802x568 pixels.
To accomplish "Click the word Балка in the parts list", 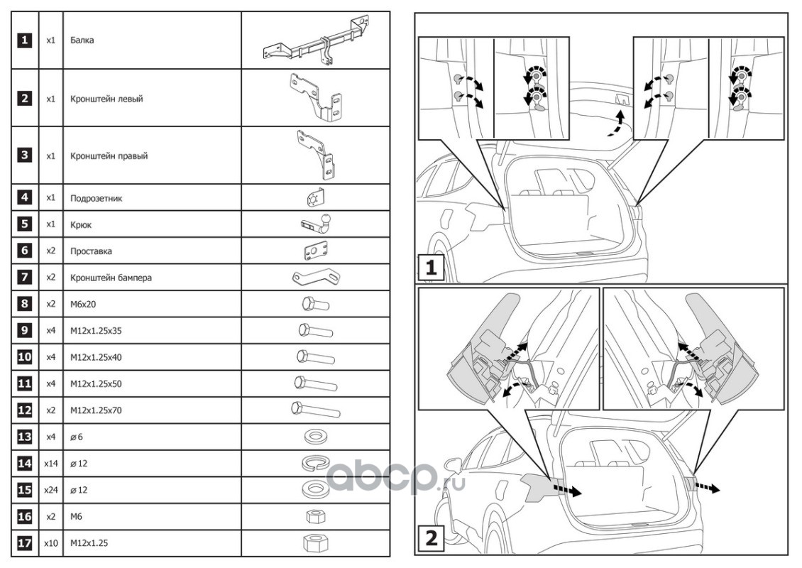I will (82, 40).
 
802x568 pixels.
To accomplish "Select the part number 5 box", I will (25, 224).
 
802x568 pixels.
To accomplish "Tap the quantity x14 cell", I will (50, 464).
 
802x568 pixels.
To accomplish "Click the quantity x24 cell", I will (50, 490).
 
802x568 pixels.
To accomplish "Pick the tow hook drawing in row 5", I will (316, 224).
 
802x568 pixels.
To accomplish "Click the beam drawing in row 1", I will (316, 43).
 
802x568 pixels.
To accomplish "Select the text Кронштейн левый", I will (106, 99).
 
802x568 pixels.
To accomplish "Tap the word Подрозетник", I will (97, 198).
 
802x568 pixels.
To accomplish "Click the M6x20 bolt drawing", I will (316, 305).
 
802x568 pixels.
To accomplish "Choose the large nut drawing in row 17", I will (315, 544).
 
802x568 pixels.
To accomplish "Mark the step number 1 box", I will (430, 270).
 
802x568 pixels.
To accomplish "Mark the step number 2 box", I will (430, 539).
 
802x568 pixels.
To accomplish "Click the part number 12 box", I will (25, 410).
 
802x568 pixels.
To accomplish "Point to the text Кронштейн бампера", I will (111, 278).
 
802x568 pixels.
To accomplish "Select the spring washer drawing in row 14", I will (316, 464).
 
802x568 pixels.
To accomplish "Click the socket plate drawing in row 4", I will (316, 199).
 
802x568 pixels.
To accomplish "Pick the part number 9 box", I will (25, 331).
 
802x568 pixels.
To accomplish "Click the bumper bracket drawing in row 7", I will (315, 278).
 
